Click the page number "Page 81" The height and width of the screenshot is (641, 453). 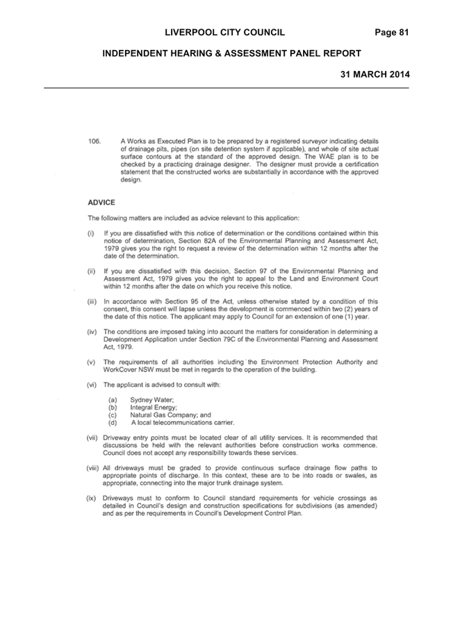(x=392, y=33)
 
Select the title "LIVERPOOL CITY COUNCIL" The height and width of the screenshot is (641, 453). (x=225, y=33)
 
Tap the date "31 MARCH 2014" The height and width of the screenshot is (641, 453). (x=375, y=74)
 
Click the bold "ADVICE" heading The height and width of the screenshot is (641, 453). (x=101, y=202)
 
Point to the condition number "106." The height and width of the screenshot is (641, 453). (x=94, y=142)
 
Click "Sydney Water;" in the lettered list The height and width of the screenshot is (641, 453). (x=151, y=400)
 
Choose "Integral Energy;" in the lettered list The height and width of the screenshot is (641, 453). (x=154, y=408)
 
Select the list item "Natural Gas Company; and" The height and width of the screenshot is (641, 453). (x=170, y=415)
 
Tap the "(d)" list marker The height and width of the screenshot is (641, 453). (x=113, y=423)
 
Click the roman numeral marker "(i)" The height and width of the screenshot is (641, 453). (x=90, y=233)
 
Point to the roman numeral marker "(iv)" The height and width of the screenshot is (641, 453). (x=92, y=332)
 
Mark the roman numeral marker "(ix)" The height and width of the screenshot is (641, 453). (x=91, y=499)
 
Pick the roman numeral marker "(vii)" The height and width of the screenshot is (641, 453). (x=92, y=438)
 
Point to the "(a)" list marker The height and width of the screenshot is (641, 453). (x=113, y=400)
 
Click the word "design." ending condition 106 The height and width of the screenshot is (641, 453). (x=131, y=180)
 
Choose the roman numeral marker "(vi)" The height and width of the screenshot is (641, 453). (x=92, y=385)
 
